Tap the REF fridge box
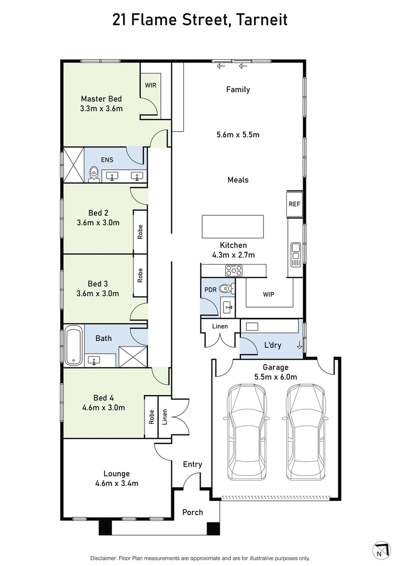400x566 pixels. pyautogui.click(x=294, y=204)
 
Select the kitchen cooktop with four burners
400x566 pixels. pyautogui.click(x=234, y=270)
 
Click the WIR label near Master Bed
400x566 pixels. pyautogui.click(x=150, y=85)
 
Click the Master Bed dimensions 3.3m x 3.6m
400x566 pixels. pyautogui.click(x=101, y=108)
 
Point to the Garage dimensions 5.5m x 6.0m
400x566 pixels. pyautogui.click(x=275, y=376)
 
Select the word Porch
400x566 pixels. pyautogui.click(x=192, y=512)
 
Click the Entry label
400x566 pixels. pyautogui.click(x=192, y=464)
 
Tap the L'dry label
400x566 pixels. pyautogui.click(x=272, y=345)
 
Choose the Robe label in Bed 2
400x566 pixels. pyautogui.click(x=140, y=232)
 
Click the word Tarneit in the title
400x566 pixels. pyautogui.click(x=262, y=20)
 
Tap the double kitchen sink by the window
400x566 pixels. pyautogui.click(x=295, y=252)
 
